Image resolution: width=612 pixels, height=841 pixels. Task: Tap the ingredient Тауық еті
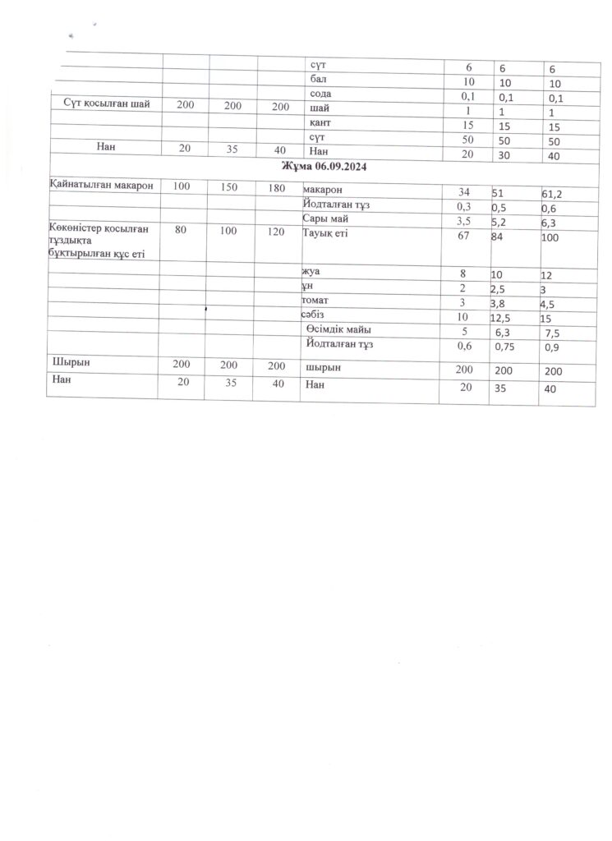327,234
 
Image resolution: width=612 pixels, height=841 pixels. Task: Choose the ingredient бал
319,79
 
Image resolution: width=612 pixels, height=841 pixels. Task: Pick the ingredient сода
321,94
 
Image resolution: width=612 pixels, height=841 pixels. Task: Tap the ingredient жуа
313,271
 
